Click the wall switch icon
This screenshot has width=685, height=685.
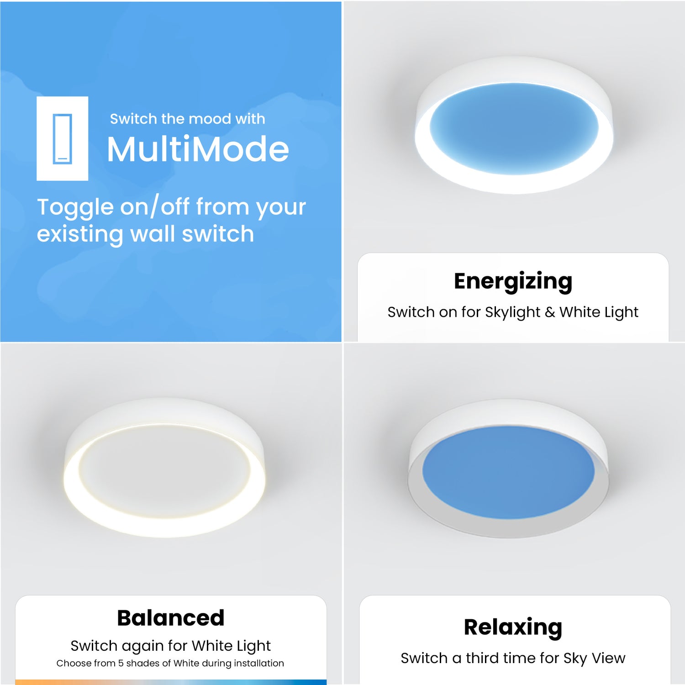63,138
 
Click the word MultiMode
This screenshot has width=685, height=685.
198,149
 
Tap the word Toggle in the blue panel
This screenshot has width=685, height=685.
75,207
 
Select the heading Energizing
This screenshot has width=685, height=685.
513,281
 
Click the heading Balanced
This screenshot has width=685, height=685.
171,618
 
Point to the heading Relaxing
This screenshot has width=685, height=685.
513,627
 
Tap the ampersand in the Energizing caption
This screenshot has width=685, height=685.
550,312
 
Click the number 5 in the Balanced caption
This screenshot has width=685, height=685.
121,663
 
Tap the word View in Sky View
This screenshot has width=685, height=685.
608,658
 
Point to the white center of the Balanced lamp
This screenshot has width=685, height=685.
164,470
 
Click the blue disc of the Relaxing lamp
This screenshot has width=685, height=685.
508,473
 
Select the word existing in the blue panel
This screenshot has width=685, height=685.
80,234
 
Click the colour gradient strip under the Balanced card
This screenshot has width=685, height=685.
171,682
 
